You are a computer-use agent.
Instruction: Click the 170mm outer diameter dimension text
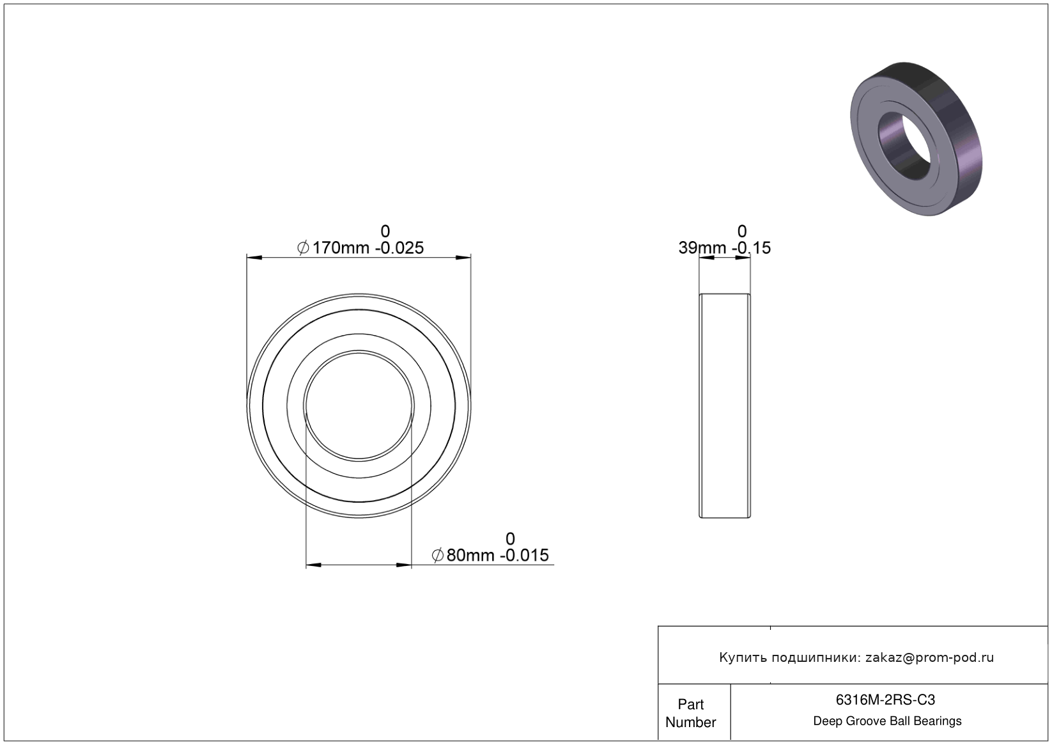(341, 247)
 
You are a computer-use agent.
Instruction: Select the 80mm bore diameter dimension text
(470, 555)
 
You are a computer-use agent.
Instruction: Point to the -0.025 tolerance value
(399, 247)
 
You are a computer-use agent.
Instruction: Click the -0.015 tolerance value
(524, 555)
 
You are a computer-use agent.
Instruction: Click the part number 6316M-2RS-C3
(885, 700)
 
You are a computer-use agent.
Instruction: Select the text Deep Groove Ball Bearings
(887, 721)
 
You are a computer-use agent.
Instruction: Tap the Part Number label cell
(690, 713)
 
